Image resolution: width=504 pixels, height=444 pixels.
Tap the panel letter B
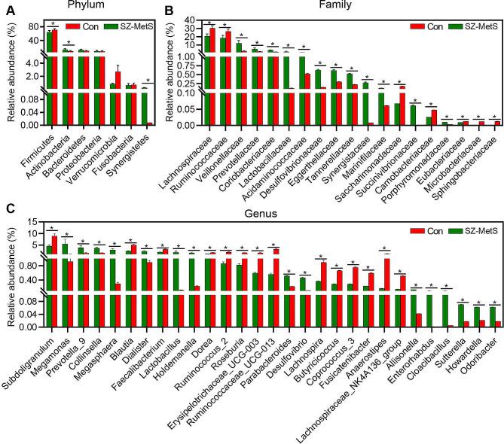170,8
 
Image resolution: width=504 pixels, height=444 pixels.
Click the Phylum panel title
85,5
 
